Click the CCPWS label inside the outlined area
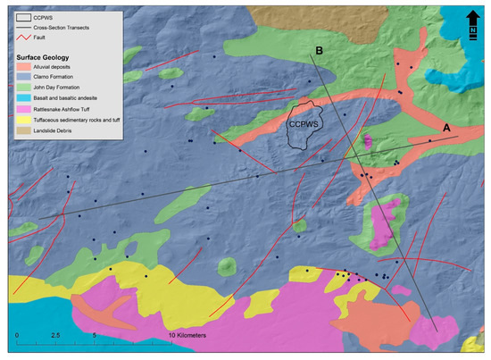coord(302,126)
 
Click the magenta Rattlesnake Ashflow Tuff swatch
coord(25,110)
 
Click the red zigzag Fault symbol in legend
coord(25,40)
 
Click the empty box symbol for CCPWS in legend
coord(25,17)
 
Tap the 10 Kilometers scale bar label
coord(188,335)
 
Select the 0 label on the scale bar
coord(17,335)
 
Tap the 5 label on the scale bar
coord(95,335)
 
